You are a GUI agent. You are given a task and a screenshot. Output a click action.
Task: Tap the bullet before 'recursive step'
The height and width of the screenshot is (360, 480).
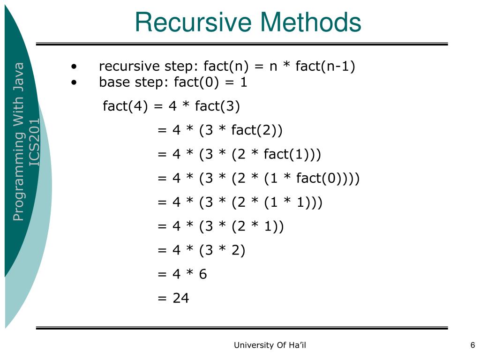pyautogui.click(x=74, y=67)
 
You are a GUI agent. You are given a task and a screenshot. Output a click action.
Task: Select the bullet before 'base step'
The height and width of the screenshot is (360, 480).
pyautogui.click(x=74, y=83)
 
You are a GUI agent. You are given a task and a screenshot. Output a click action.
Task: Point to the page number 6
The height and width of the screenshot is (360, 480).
pyautogui.click(x=472, y=345)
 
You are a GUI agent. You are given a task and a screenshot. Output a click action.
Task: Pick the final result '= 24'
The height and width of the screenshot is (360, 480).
pyautogui.click(x=173, y=298)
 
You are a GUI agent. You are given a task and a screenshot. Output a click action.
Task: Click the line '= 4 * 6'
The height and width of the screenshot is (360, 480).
pyautogui.click(x=182, y=274)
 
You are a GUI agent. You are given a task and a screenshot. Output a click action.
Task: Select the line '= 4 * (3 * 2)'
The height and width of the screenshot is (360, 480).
pyautogui.click(x=202, y=250)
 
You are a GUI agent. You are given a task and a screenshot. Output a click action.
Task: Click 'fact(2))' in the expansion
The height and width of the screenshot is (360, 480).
pyautogui.click(x=257, y=130)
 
